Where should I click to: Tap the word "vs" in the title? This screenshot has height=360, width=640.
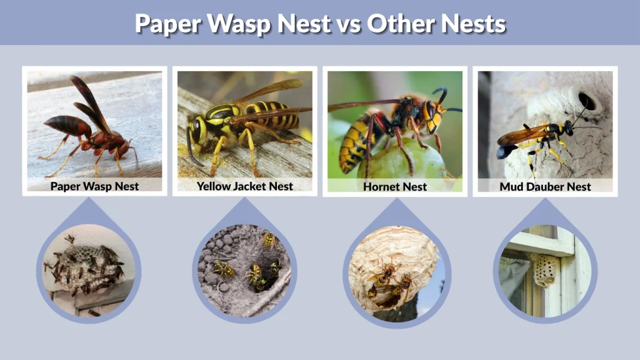point(346,24)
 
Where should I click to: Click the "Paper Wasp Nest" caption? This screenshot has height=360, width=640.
point(94,186)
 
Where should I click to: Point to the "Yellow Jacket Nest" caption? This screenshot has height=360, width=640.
point(244,186)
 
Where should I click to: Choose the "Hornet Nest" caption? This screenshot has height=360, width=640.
point(395,186)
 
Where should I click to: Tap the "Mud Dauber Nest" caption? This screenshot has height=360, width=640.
point(545,186)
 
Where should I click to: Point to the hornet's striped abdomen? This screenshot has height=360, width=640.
point(353,147)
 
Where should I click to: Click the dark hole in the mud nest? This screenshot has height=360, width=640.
point(587,101)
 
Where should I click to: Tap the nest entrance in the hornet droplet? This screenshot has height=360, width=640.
point(381,294)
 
